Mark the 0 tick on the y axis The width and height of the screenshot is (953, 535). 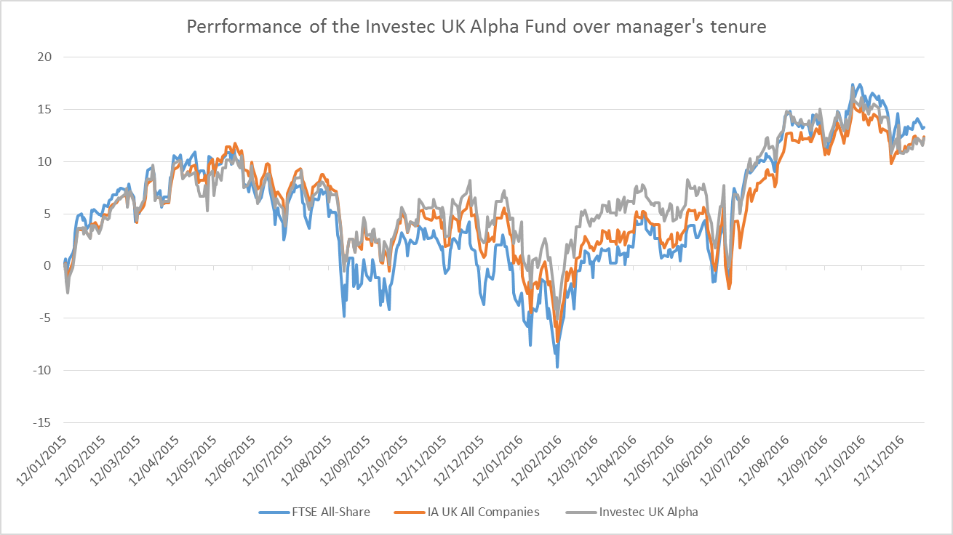(49, 266)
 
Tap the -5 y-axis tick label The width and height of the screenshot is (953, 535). (47, 318)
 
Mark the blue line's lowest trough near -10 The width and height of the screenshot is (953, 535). (557, 367)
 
